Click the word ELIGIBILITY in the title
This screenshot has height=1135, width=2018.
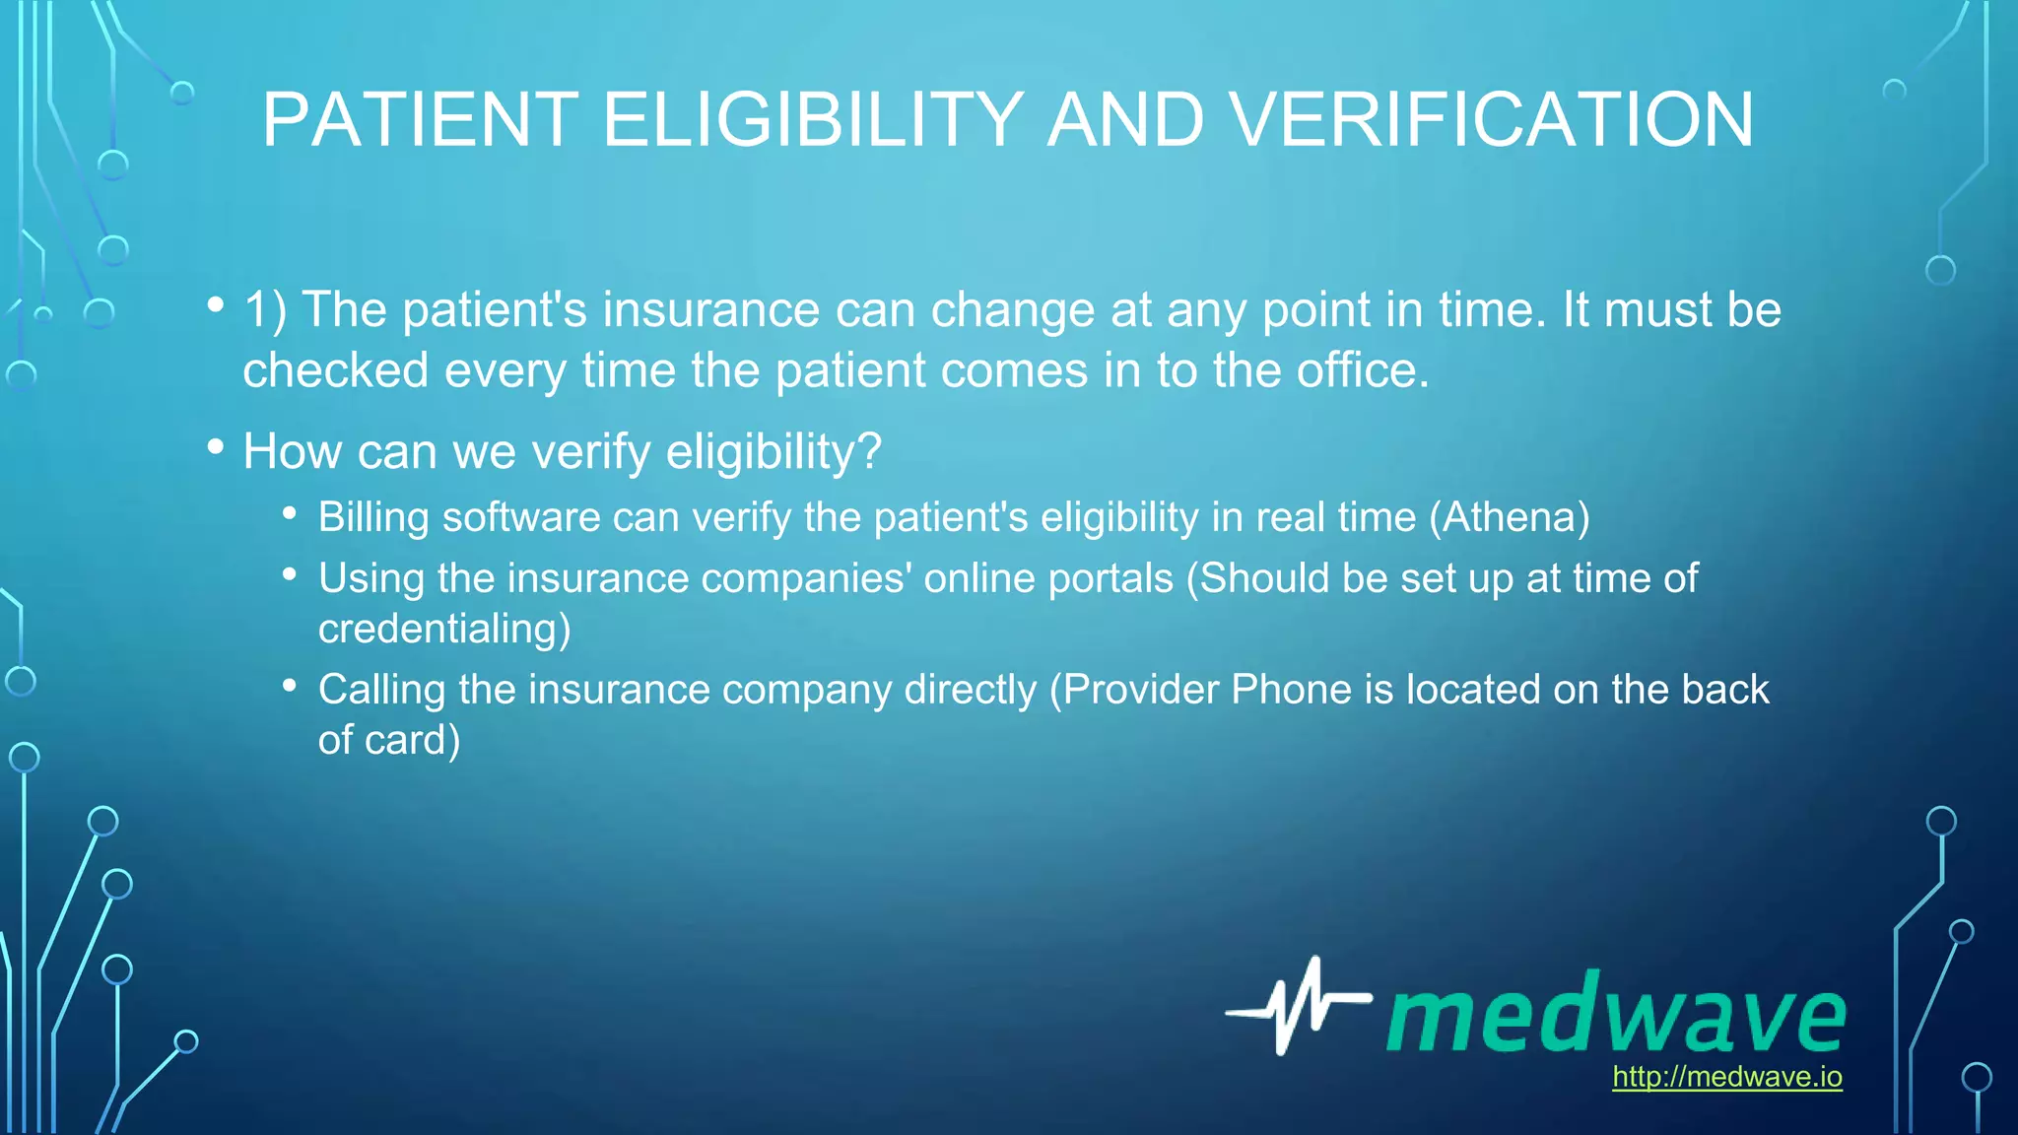813,120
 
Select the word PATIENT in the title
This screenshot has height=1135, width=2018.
421,120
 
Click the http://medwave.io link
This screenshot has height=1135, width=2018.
1726,1076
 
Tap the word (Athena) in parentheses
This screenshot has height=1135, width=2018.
1510,517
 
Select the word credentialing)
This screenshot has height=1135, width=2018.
444,629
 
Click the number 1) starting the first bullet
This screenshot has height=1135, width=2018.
265,309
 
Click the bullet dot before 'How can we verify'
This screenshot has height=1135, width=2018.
216,447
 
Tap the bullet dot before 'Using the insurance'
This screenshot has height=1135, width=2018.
289,574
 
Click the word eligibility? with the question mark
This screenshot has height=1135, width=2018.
774,451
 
